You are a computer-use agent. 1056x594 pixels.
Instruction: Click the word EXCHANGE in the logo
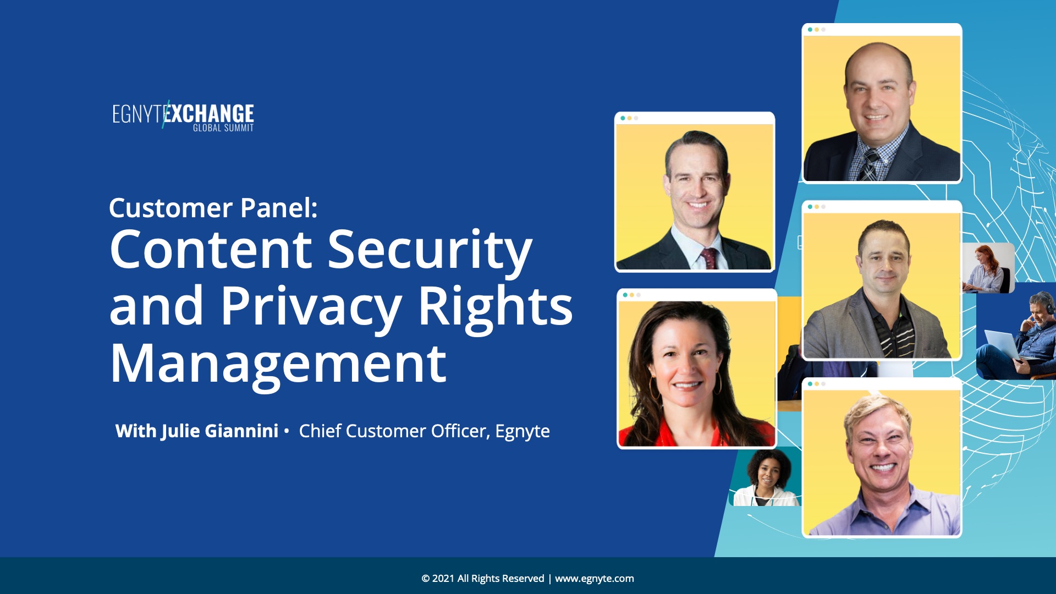click(210, 113)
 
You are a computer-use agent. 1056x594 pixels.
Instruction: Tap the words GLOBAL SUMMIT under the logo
click(223, 128)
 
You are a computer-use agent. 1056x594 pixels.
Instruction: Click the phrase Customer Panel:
click(213, 208)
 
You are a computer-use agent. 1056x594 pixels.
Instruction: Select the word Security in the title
click(430, 250)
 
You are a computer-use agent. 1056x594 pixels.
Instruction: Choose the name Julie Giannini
click(220, 431)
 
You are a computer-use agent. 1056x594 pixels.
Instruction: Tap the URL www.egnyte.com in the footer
click(595, 579)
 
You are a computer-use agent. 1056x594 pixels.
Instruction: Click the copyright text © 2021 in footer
click(438, 579)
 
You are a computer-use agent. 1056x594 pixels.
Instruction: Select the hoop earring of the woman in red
click(718, 383)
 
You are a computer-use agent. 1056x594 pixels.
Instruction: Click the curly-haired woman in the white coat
click(767, 478)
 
